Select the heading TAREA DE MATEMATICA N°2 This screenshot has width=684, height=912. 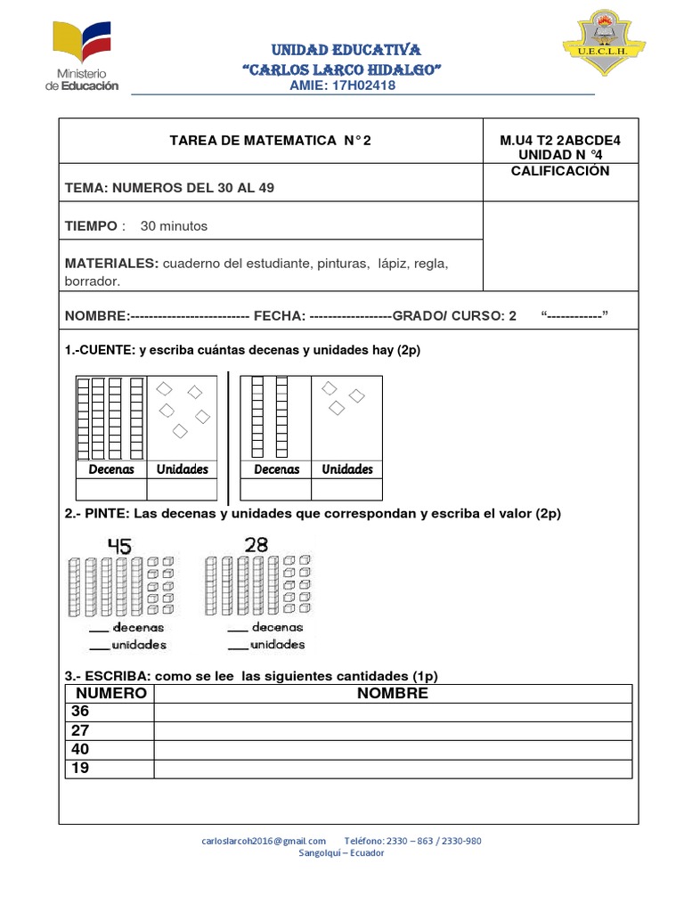(270, 140)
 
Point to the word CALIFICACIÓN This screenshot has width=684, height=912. (560, 171)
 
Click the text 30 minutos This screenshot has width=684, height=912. (174, 226)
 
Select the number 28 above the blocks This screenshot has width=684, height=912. (256, 545)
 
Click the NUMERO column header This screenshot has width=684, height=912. (110, 694)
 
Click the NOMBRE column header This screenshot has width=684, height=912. (393, 694)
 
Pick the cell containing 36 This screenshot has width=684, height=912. (110, 712)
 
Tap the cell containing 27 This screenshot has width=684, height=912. (110, 730)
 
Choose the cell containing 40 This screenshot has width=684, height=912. (110, 750)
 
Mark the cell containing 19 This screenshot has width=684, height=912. (110, 769)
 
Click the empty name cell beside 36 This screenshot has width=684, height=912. (393, 712)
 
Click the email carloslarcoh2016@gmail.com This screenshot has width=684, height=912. (264, 841)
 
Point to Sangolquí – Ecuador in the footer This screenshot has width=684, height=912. (342, 852)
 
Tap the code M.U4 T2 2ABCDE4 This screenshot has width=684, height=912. (560, 140)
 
